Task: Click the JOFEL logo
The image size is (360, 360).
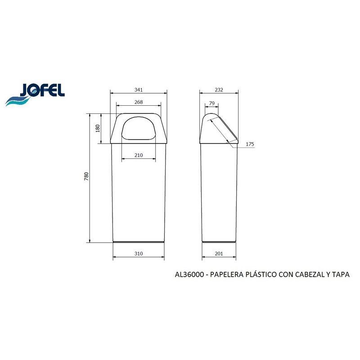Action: click(35, 94)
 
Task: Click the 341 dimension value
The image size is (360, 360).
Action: click(139, 90)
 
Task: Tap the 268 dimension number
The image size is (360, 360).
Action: click(139, 102)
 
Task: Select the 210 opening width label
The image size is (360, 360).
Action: click(139, 155)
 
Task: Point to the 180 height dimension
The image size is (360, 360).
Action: click(98, 128)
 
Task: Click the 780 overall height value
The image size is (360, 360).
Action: click(86, 176)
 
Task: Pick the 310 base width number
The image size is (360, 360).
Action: click(139, 253)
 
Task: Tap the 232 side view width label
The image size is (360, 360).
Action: click(219, 90)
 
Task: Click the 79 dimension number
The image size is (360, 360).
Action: click(211, 103)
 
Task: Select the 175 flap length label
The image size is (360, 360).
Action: click(250, 144)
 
